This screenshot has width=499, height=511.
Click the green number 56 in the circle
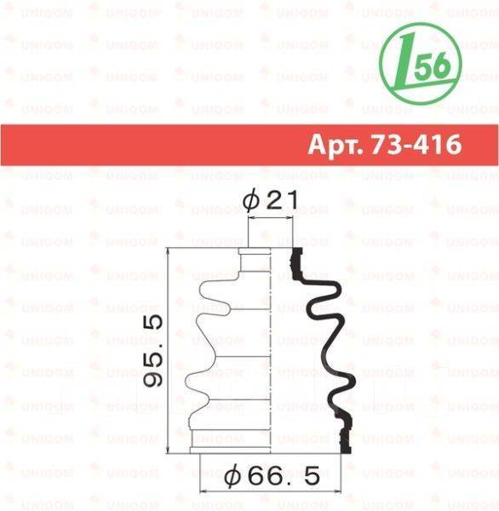click(433, 66)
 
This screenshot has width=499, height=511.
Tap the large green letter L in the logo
click(406, 63)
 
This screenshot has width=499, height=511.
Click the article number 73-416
click(416, 145)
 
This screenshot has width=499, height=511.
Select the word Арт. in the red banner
click(336, 145)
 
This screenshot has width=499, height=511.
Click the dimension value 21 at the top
click(282, 200)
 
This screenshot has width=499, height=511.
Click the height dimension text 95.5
click(153, 351)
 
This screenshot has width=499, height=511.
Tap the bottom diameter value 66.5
click(284, 476)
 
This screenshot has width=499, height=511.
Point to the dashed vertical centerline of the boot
click(271, 350)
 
